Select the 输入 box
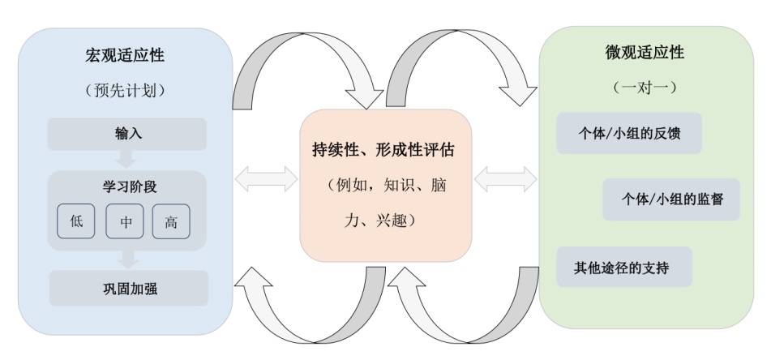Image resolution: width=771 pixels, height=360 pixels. pyautogui.click(x=128, y=134)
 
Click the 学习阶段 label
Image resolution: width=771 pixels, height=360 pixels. pyautogui.click(x=128, y=187)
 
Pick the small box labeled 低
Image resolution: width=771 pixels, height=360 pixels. pyautogui.click(x=76, y=221)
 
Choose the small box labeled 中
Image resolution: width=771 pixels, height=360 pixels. pyautogui.click(x=124, y=221)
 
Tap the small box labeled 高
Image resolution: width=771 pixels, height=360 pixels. pyautogui.click(x=171, y=221)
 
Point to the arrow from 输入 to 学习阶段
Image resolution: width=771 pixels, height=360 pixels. pyautogui.click(x=127, y=160)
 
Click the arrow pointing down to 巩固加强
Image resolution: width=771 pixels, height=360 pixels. pyautogui.click(x=127, y=259)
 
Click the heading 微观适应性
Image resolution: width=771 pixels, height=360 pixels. pyautogui.click(x=645, y=53)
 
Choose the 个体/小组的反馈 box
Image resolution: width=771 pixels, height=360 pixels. pyautogui.click(x=628, y=133)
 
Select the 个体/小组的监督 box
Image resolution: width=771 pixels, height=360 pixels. pyautogui.click(x=670, y=199)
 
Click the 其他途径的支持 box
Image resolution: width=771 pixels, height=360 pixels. pyautogui.click(x=623, y=267)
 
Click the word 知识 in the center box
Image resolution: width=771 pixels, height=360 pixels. pyautogui.click(x=400, y=185)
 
